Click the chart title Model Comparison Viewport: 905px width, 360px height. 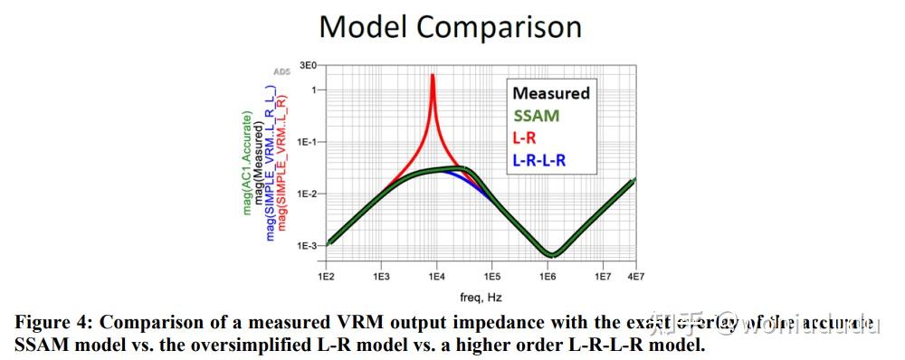(x=450, y=26)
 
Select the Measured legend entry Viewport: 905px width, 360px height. (x=550, y=93)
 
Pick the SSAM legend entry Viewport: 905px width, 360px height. (x=536, y=116)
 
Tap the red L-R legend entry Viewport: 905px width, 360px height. (x=525, y=138)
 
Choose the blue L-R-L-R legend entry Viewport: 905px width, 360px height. (x=542, y=161)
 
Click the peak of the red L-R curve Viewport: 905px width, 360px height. (x=433, y=76)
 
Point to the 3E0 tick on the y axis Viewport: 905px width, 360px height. (x=307, y=66)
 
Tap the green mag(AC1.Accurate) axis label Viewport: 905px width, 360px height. (x=247, y=163)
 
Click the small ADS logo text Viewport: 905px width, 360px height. (x=281, y=71)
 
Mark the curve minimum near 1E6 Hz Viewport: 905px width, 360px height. (x=548, y=254)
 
